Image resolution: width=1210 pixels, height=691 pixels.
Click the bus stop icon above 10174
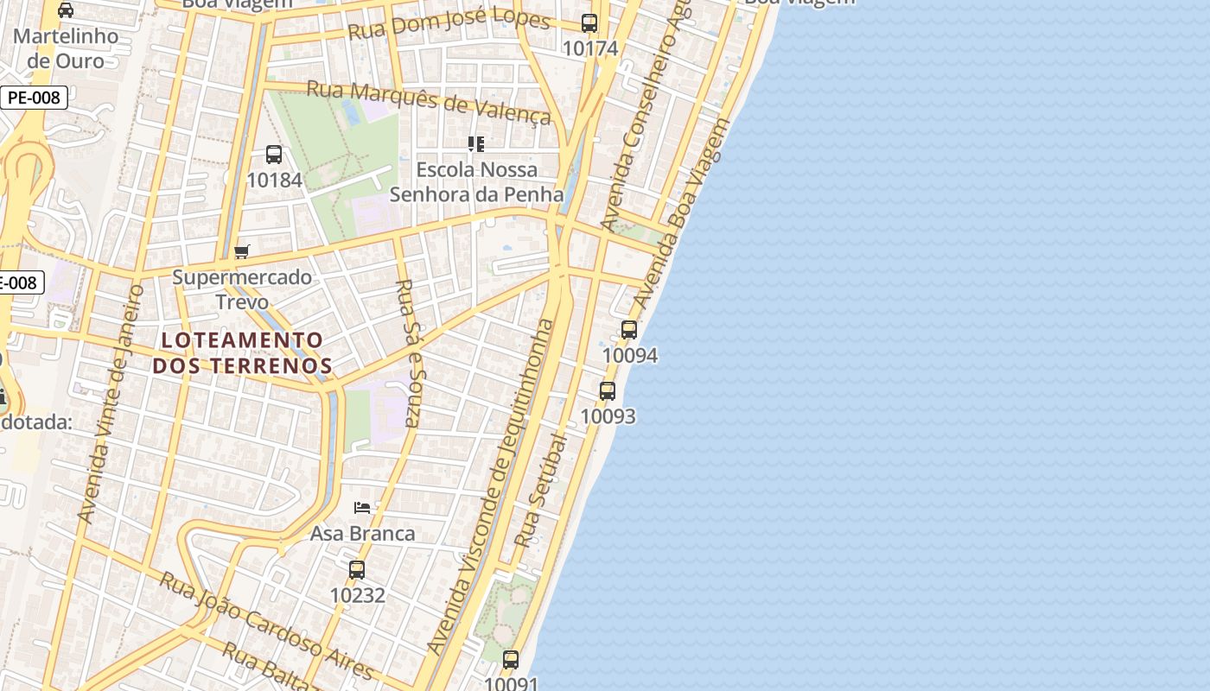[589, 23]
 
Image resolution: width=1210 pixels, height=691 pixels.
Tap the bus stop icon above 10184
[274, 155]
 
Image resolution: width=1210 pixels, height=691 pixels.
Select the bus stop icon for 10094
[629, 329]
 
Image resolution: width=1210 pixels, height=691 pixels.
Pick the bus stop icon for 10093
[608, 390]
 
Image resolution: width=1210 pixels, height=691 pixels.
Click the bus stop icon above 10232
[357, 570]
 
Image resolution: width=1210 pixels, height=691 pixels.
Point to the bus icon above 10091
[511, 660]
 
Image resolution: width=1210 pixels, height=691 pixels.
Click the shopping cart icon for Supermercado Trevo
[242, 251]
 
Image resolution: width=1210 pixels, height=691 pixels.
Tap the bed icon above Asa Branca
[362, 507]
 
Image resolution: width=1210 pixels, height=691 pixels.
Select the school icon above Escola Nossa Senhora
[475, 143]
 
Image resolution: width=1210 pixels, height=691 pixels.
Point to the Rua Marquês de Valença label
[429, 102]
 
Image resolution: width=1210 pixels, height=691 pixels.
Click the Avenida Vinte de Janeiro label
[110, 403]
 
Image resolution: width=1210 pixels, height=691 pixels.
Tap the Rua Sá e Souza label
[407, 352]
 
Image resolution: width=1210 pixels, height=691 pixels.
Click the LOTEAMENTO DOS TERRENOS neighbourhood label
[242, 352]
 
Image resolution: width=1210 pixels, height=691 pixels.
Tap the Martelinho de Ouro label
[65, 48]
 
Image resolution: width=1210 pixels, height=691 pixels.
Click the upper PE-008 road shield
[34, 98]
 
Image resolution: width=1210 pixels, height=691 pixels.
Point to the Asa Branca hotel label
[362, 534]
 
